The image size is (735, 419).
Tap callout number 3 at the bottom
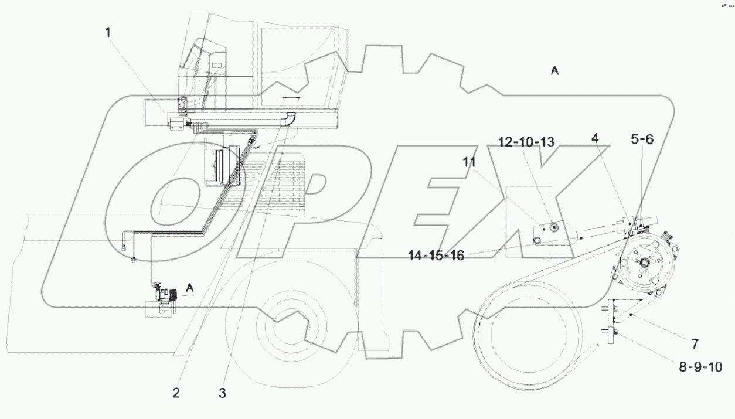coord(222,394)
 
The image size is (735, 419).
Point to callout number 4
coord(595,139)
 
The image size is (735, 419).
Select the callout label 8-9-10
coord(700,367)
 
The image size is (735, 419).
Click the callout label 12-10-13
coord(526,142)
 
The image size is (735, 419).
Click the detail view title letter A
coord(554,71)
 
